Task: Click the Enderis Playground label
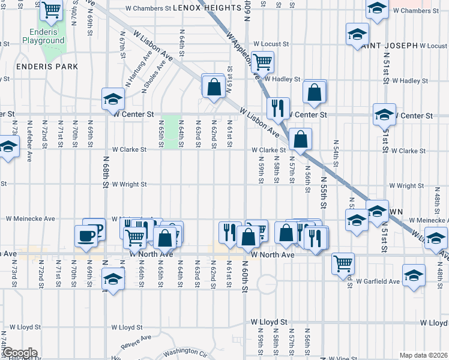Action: point(43,36)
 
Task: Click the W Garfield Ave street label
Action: point(378,281)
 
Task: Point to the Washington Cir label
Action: point(185,351)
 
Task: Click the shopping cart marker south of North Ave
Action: point(343,262)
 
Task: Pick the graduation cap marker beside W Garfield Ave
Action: point(414,275)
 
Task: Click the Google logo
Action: point(19,353)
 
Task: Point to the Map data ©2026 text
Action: point(424,355)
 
